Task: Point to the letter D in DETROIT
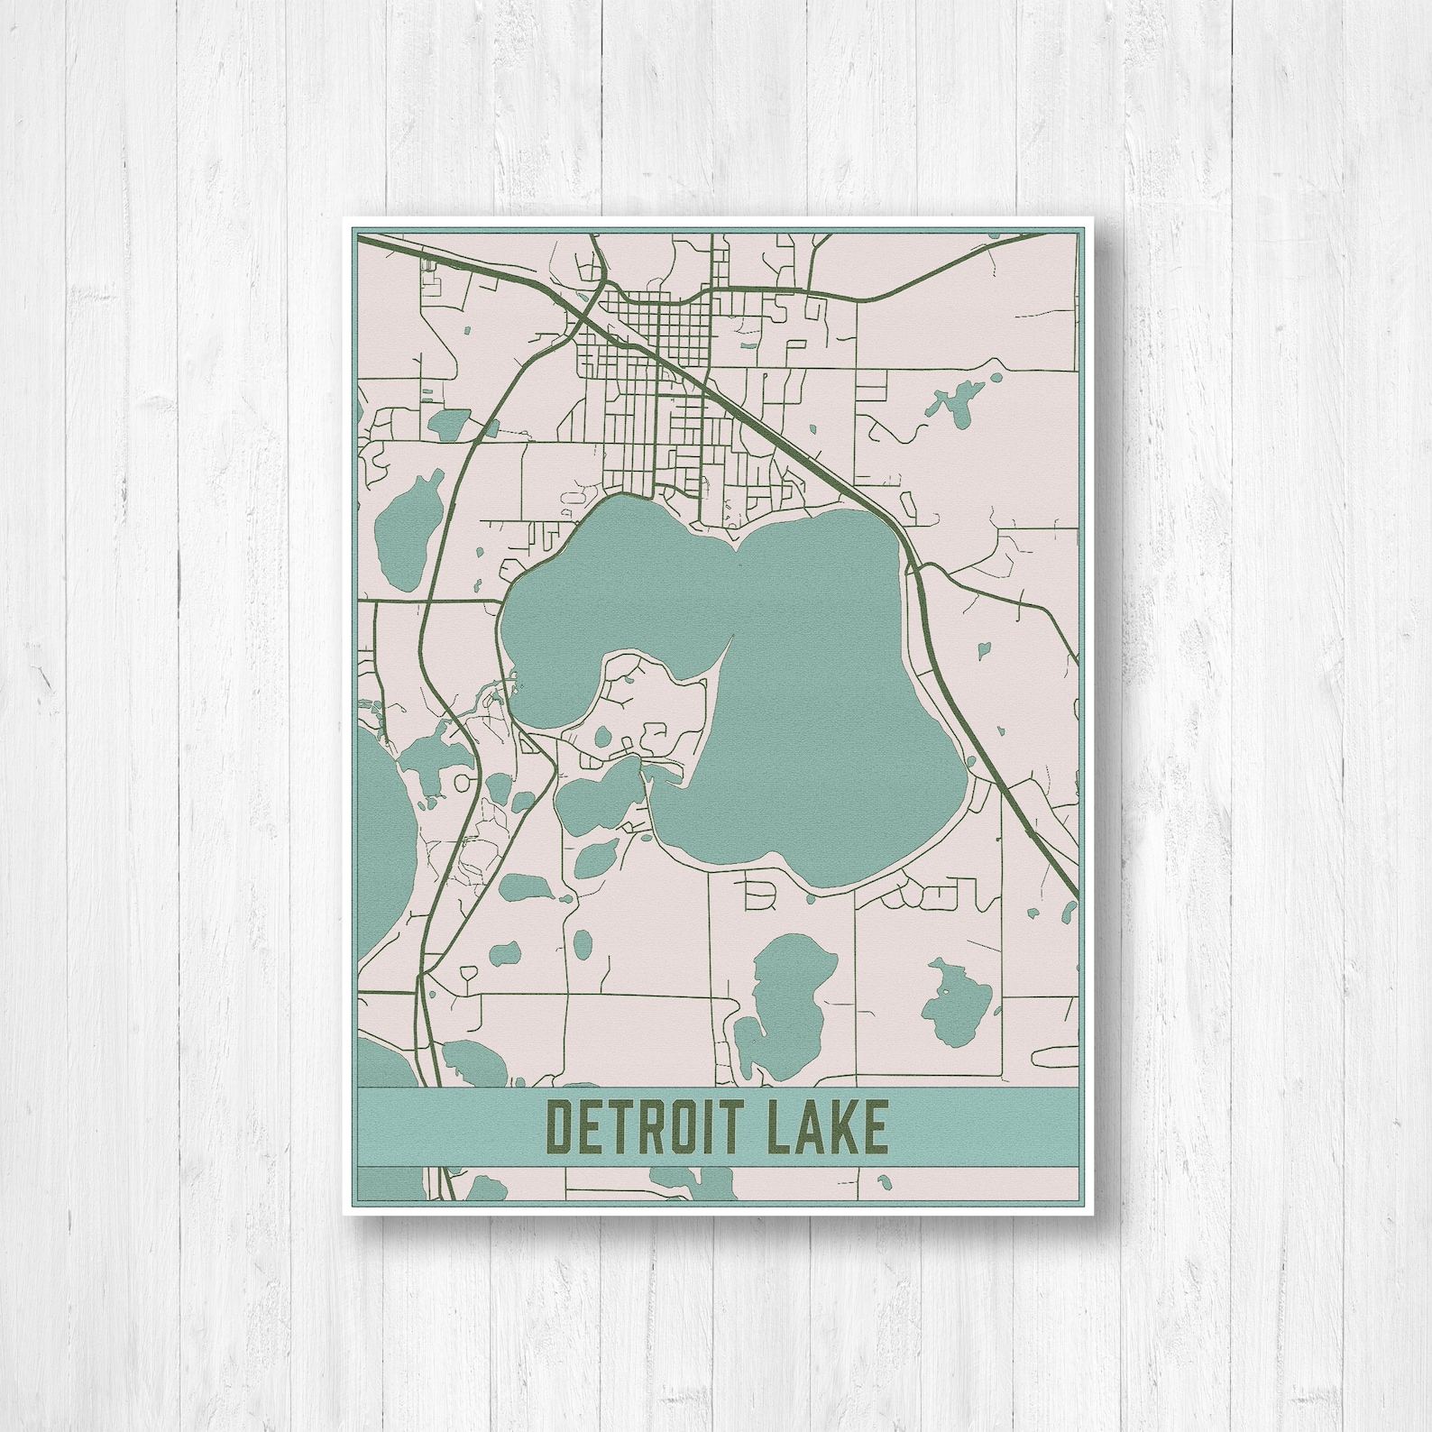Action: pos(562,1127)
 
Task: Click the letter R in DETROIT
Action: pos(651,1127)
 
